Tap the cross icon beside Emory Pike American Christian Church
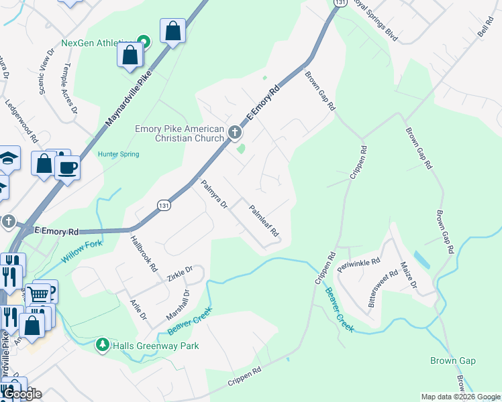coord(235,133)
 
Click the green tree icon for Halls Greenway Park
coord(102,345)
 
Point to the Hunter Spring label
coord(119,154)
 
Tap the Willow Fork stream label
coord(83,252)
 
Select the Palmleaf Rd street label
coord(264,220)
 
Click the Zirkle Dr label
coord(181,272)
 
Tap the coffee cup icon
coord(68,167)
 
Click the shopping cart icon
coord(40,293)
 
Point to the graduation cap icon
coord(9,158)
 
